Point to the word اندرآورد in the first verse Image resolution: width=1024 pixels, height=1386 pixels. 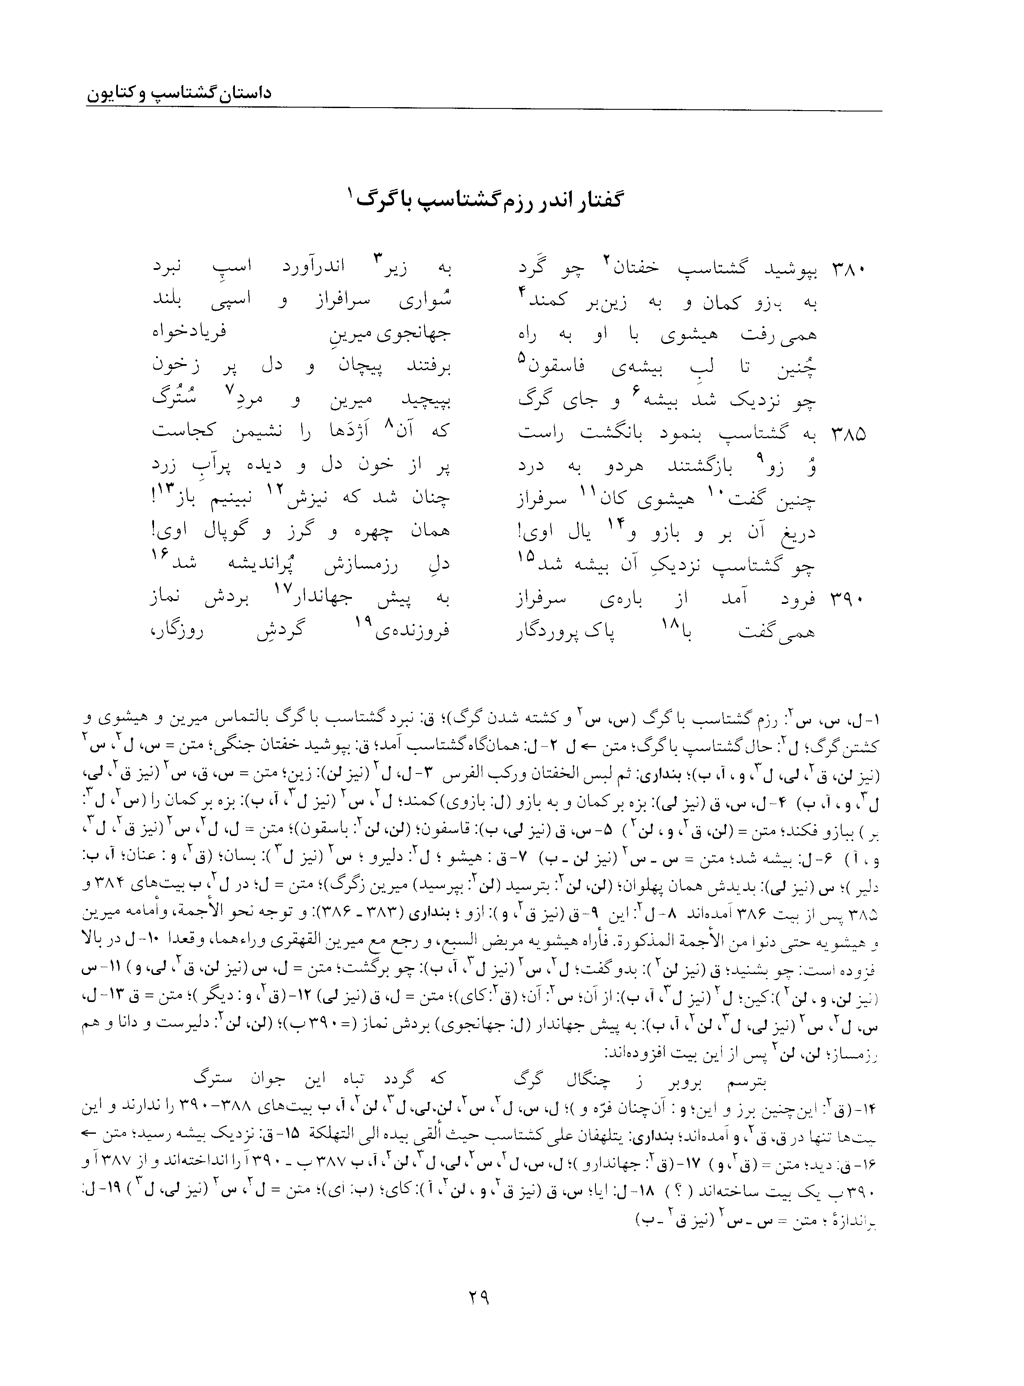[x=312, y=270]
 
